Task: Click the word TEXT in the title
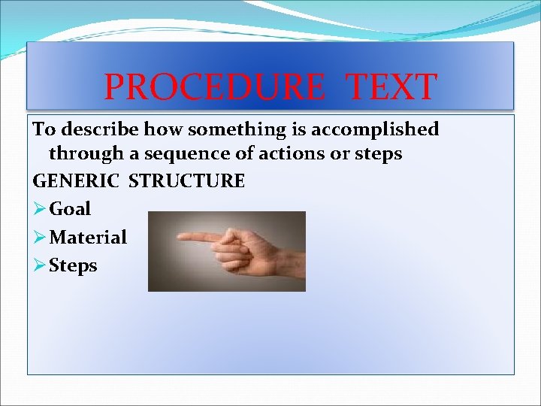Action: [390, 86]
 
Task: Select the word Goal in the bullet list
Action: [70, 209]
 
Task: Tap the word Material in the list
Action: [88, 238]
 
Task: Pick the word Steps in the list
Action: [73, 266]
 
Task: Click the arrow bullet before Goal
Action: [40, 209]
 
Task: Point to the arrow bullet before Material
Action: [40, 238]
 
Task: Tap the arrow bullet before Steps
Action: [40, 266]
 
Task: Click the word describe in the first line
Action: [99, 129]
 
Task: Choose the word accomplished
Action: [375, 130]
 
